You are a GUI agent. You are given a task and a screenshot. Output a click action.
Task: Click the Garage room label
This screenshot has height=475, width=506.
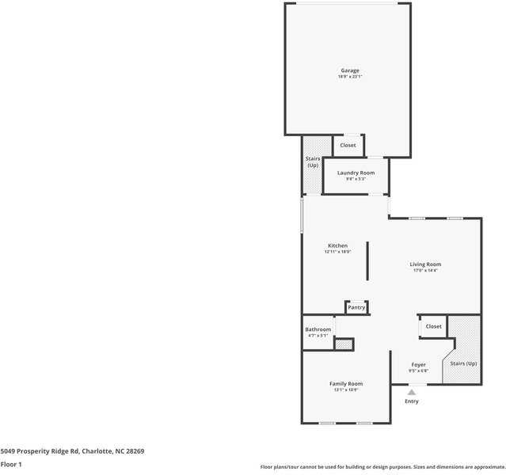350,70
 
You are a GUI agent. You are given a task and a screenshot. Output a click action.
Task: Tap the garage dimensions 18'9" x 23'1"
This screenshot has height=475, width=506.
350,77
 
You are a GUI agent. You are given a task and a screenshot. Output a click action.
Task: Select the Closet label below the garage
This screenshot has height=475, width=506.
348,145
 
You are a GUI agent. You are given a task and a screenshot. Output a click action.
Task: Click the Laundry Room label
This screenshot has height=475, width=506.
356,173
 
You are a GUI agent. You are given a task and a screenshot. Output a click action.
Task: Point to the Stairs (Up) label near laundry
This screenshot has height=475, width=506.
313,161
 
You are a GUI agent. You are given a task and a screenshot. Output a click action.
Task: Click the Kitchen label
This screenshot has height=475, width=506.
337,245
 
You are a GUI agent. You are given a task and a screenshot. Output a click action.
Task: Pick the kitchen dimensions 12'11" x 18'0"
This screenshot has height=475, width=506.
337,252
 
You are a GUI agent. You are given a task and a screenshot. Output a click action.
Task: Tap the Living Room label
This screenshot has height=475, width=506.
425,264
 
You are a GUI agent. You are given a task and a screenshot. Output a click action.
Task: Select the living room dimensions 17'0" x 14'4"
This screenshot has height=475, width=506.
425,271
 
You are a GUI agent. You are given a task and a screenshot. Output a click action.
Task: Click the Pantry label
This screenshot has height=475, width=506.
356,307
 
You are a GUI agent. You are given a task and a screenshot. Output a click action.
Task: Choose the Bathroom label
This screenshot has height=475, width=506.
318,329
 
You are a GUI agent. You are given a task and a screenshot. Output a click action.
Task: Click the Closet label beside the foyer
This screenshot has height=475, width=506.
433,326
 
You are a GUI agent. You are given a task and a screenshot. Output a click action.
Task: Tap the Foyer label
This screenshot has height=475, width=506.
418,365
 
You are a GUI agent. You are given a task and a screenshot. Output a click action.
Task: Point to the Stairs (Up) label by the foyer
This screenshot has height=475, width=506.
463,363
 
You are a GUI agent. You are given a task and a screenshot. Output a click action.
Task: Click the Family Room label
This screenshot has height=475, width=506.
346,384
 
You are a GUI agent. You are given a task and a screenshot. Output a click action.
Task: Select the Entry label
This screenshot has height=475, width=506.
412,401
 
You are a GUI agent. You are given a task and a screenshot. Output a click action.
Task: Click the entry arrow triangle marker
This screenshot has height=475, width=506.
412,391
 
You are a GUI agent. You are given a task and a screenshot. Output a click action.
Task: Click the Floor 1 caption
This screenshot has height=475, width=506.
11,465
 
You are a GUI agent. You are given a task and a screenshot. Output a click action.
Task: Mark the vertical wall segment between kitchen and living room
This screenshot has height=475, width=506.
367,261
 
